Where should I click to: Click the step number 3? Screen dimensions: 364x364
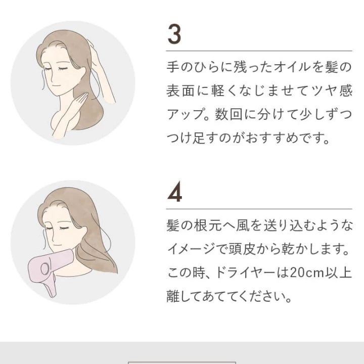(174, 34)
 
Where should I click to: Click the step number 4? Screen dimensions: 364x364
(174, 192)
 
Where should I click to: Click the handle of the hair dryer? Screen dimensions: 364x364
(52, 286)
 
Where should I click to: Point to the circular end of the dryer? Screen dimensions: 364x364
(44, 268)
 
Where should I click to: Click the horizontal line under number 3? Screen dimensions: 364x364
(259, 51)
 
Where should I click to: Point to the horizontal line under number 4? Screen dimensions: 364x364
(259, 209)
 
